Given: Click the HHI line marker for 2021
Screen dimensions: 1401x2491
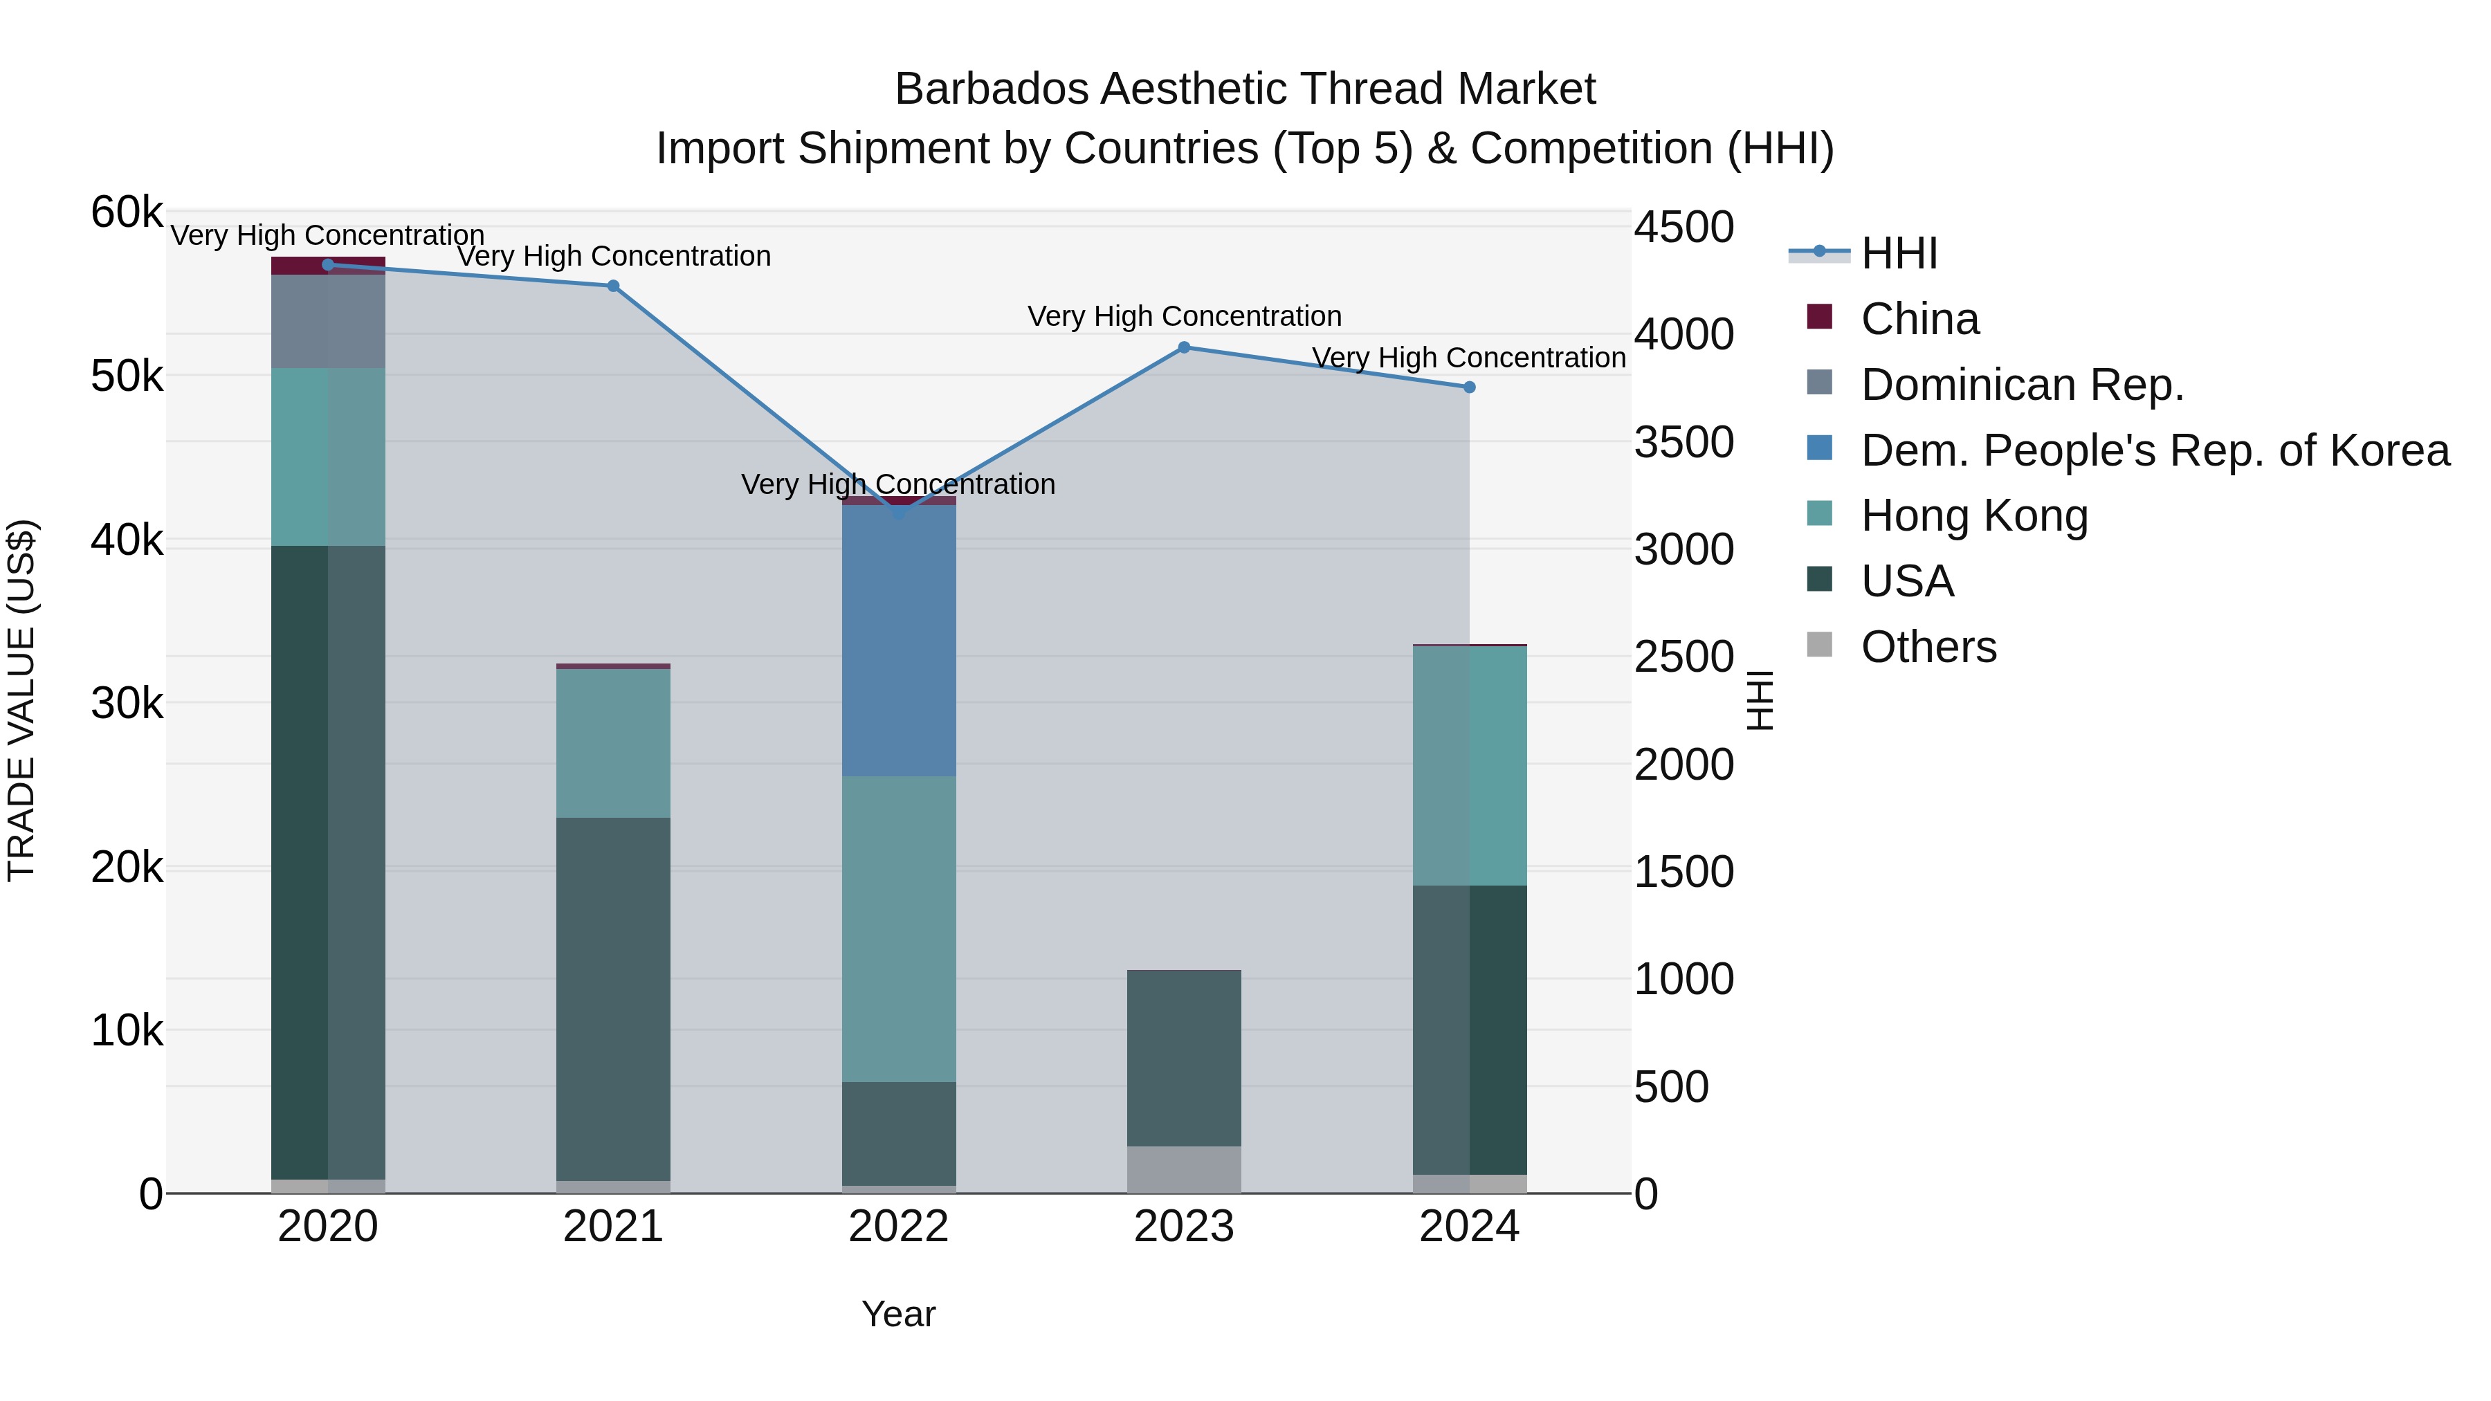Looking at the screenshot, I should pos(613,286).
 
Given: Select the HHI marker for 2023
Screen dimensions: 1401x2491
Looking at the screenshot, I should pos(1185,348).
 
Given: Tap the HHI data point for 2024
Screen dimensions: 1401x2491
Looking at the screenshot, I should pos(1469,387).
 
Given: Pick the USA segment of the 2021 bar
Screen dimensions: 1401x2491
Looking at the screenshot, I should pos(613,999).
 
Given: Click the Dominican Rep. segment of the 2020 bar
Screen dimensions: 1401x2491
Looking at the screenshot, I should pos(328,321).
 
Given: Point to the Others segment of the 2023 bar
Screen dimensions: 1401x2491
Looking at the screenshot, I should pos(1185,1170).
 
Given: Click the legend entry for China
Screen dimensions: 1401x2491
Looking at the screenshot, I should pos(1919,319).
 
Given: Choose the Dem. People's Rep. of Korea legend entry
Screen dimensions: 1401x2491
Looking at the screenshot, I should pos(2155,450).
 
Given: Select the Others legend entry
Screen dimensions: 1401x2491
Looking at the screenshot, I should pos(1928,647).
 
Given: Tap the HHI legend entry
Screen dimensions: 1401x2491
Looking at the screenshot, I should pos(1898,253).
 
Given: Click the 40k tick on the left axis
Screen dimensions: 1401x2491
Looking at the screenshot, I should pos(127,540).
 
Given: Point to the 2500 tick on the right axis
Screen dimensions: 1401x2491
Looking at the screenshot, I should pos(1684,657).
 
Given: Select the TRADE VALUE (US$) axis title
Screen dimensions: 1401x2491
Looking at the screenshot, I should pos(21,701).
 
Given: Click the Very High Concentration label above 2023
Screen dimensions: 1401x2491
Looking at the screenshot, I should pos(1185,317).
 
